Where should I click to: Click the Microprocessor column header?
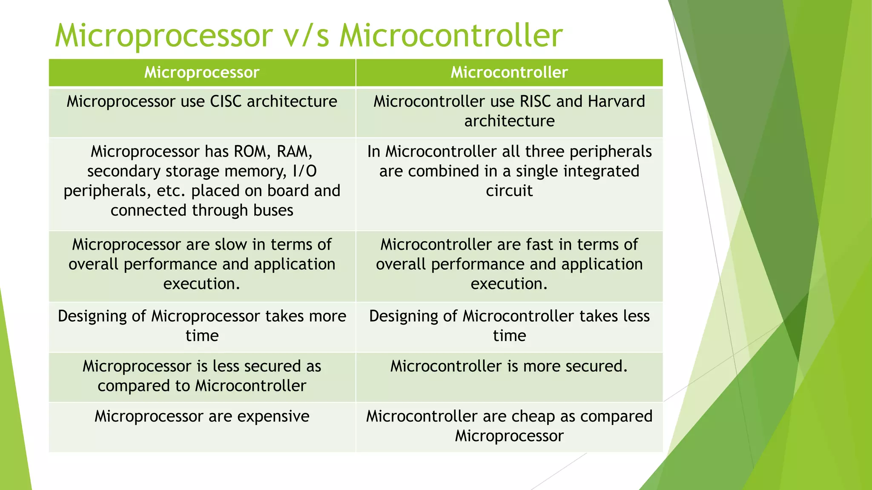202,72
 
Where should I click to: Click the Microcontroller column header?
509,72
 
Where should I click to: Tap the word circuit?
509,191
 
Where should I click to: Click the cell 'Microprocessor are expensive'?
202,416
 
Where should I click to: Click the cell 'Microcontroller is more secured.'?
509,366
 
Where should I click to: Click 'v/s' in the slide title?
306,36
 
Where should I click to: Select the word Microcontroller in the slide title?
451,36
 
